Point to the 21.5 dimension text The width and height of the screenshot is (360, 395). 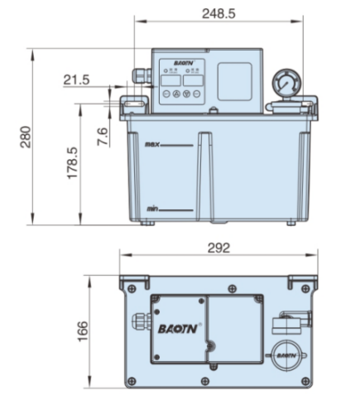pyautogui.click(x=76, y=79)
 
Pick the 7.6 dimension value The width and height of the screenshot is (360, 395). pyautogui.click(x=102, y=137)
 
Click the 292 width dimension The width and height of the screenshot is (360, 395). pyautogui.click(x=218, y=248)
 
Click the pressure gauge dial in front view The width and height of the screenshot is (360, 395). pyautogui.click(x=286, y=85)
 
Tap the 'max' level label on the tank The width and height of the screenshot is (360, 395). pyautogui.click(x=151, y=145)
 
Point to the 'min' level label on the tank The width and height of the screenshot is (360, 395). pyautogui.click(x=151, y=209)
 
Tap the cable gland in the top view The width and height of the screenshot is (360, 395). pyautogui.click(x=138, y=318)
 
